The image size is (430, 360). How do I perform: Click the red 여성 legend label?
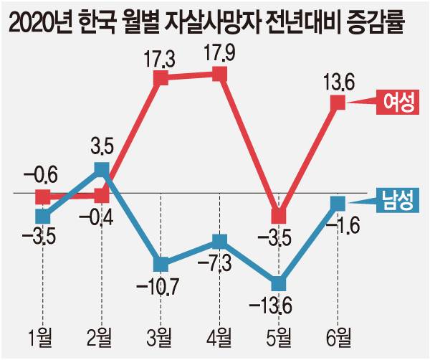pyautogui.click(x=398, y=103)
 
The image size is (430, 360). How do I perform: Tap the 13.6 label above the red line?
pyautogui.click(x=338, y=82)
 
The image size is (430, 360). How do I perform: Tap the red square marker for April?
pyautogui.click(x=220, y=74)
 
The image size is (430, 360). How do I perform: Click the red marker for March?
pyautogui.click(x=161, y=79)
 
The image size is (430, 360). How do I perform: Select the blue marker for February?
pyautogui.click(x=102, y=169)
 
